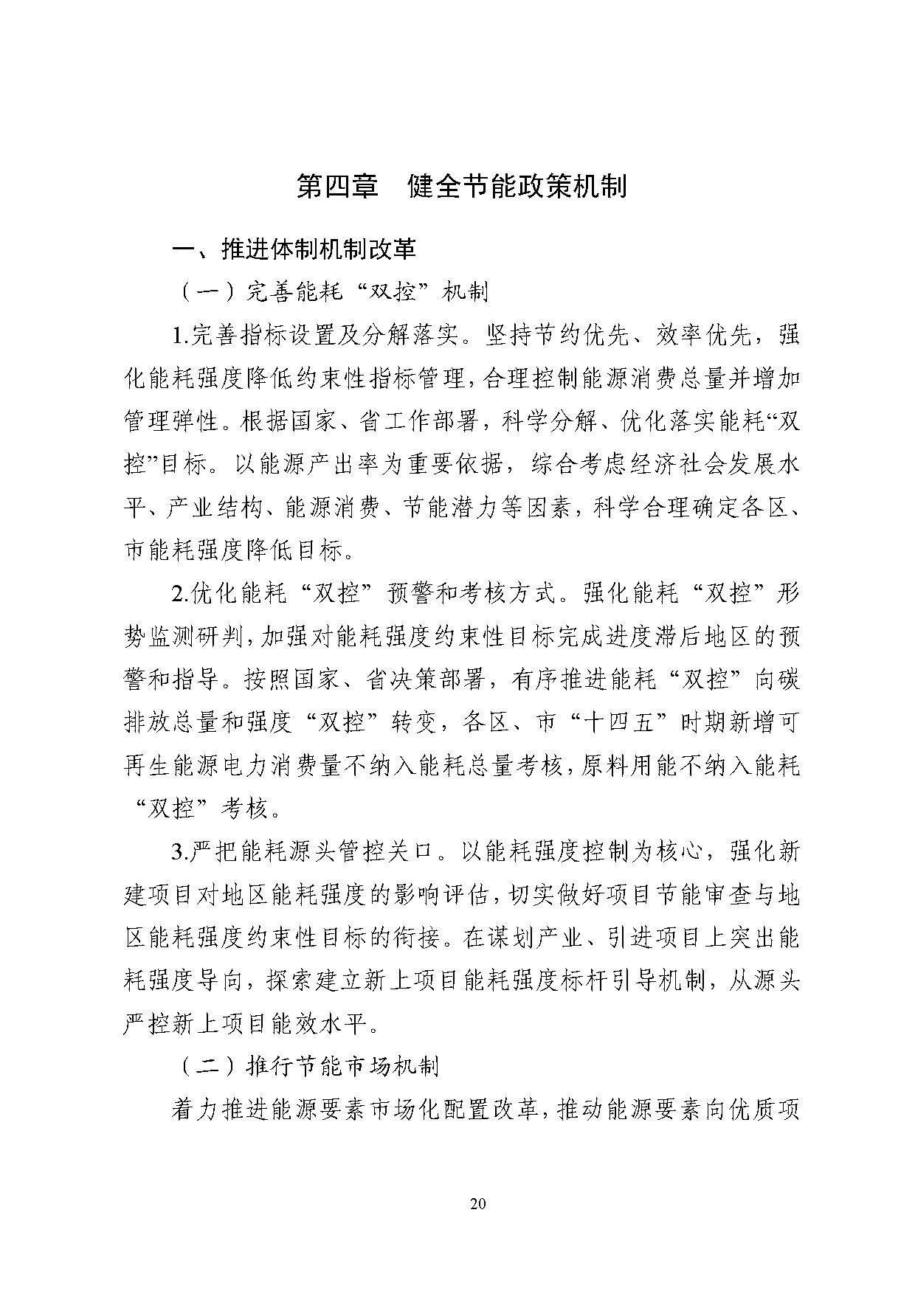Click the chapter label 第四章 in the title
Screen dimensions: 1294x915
point(337,186)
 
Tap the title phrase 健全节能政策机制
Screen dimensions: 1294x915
point(517,186)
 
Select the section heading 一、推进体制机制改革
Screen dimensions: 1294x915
point(294,249)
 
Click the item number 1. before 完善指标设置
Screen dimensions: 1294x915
point(181,336)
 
